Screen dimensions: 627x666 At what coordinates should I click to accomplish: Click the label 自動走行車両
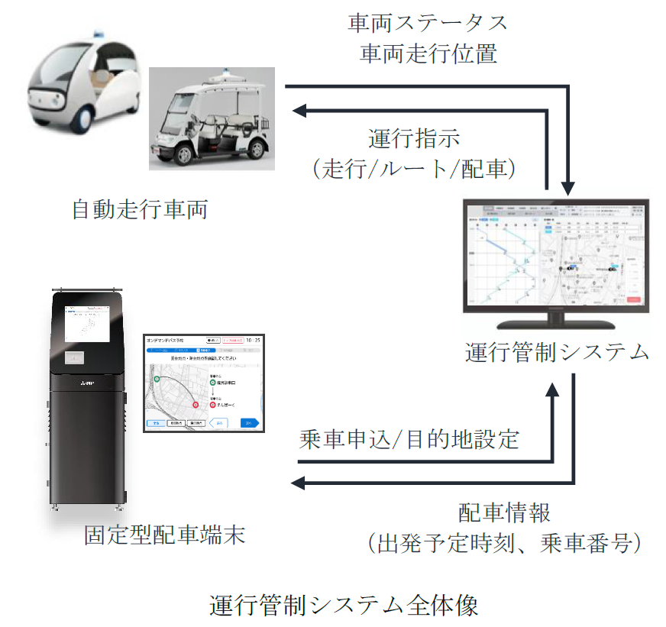tap(140, 210)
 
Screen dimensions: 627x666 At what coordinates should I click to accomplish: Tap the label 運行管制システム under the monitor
tap(558, 352)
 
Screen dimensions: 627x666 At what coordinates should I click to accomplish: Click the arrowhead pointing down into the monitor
tap(567, 187)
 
